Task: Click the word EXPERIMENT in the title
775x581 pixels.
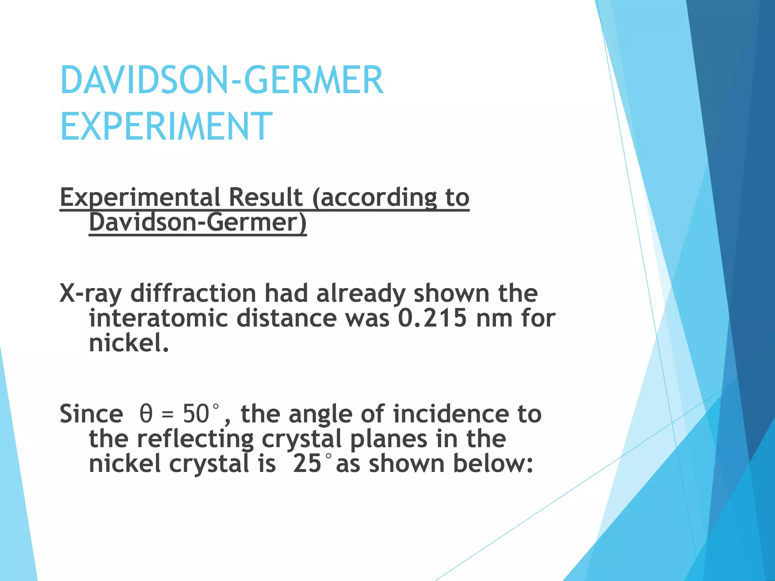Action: (x=167, y=126)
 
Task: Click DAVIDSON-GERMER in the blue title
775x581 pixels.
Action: (x=222, y=80)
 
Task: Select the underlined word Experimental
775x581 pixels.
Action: (x=140, y=198)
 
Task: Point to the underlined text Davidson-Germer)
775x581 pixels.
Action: (x=198, y=222)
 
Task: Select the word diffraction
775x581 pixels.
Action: (x=193, y=293)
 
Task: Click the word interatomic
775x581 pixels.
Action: (x=158, y=318)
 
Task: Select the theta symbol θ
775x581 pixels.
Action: (x=146, y=413)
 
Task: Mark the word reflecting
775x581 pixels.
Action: (x=195, y=439)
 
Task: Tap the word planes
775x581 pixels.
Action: (x=389, y=439)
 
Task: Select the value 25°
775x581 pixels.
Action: (x=312, y=464)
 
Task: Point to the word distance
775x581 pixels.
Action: (x=286, y=318)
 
